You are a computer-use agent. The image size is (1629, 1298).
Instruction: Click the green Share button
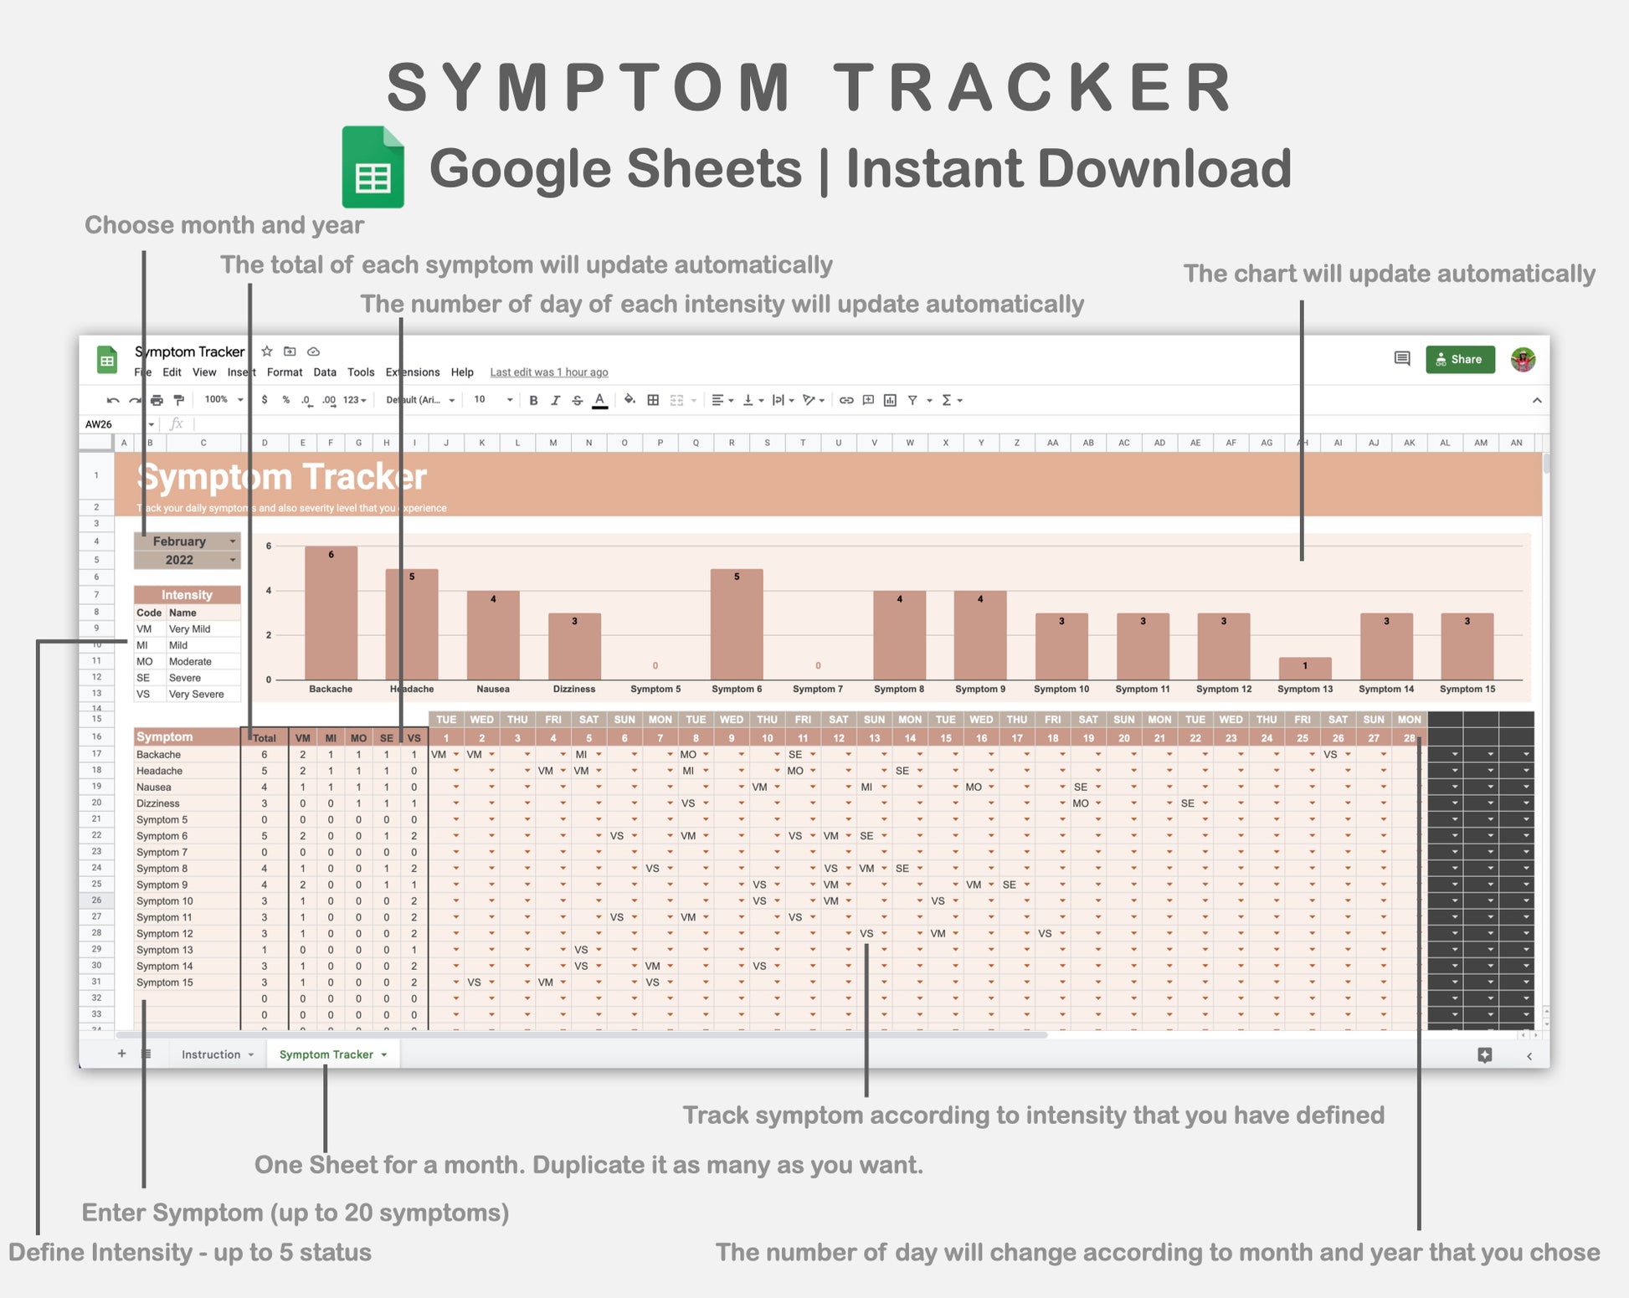[1460, 359]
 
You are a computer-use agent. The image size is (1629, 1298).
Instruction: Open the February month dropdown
[187, 541]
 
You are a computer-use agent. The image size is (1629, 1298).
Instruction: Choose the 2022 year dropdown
[187, 560]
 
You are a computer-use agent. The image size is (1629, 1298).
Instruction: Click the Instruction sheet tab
[211, 1054]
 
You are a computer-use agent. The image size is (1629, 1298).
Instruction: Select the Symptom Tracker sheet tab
[326, 1054]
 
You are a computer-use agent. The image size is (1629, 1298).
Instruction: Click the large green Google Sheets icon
[373, 167]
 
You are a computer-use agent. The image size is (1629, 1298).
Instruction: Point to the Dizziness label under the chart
[573, 689]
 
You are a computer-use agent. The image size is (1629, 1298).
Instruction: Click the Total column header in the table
[265, 737]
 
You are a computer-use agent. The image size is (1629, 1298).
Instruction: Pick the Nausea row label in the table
[154, 787]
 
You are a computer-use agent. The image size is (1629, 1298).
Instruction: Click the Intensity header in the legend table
[187, 595]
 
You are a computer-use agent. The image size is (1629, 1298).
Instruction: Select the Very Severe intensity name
[196, 694]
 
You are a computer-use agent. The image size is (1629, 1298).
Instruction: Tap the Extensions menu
[412, 372]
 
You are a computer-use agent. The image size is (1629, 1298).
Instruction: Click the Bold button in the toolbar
[533, 400]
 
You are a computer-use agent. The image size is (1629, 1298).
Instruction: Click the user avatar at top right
[1523, 360]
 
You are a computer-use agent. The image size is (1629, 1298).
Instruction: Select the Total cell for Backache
[265, 754]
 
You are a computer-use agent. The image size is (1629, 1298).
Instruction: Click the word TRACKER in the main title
[1033, 88]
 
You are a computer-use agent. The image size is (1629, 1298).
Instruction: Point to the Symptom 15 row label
[165, 982]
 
